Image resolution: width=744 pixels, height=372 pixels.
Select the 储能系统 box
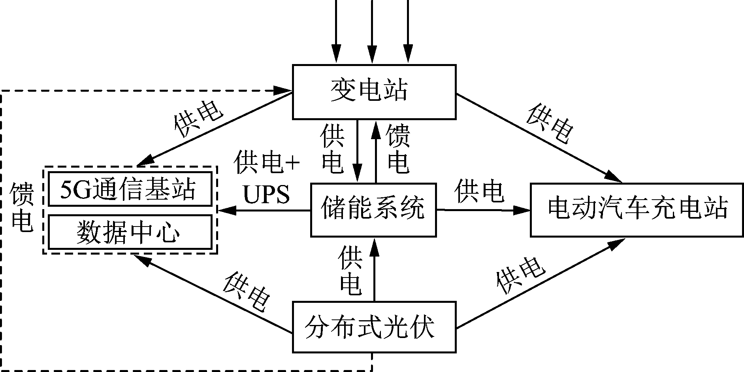(x=373, y=210)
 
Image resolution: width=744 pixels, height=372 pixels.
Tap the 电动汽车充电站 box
(x=637, y=210)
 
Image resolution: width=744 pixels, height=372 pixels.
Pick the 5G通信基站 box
(x=130, y=189)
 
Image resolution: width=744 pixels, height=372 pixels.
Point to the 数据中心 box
(x=130, y=232)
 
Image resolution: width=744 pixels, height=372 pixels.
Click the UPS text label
(x=266, y=194)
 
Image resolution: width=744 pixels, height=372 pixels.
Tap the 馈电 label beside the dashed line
(x=22, y=207)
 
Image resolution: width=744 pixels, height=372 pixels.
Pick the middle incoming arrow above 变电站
(x=372, y=32)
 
